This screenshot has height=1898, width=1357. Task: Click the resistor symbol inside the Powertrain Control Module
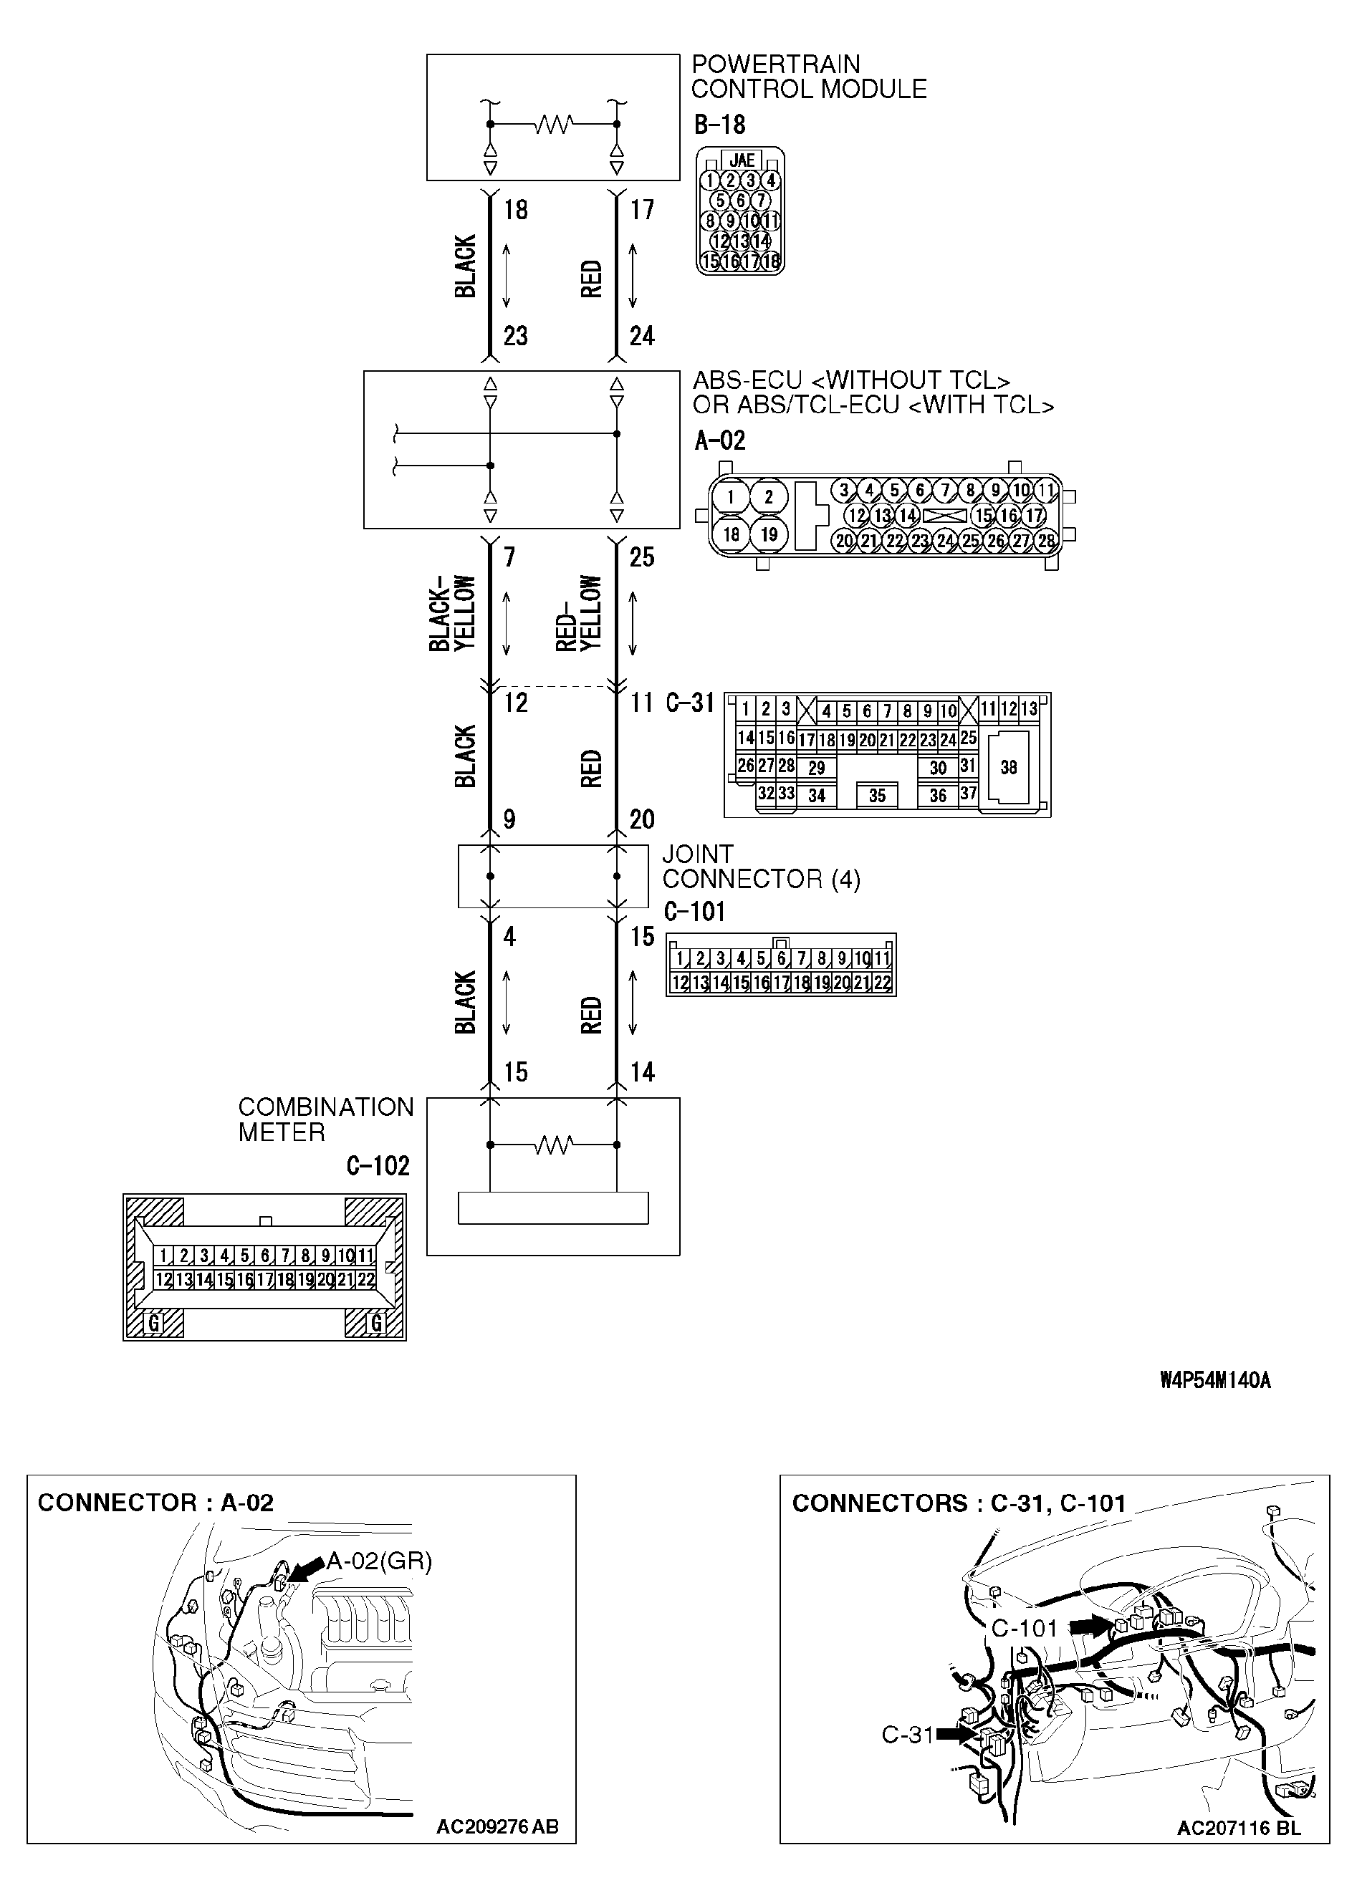click(x=553, y=125)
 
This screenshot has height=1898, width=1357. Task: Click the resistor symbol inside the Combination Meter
click(x=553, y=1145)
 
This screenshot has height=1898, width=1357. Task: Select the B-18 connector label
click(x=719, y=125)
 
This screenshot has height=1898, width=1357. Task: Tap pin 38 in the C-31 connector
click(x=1009, y=767)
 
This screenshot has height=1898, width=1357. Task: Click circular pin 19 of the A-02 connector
click(x=769, y=534)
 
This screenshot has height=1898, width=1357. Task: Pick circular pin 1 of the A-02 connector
click(x=730, y=496)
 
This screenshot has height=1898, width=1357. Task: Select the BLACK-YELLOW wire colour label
click(x=452, y=613)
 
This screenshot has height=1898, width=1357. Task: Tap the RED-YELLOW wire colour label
click(x=578, y=613)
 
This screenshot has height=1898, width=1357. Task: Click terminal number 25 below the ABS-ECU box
click(x=642, y=557)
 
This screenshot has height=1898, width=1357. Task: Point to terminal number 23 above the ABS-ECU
click(x=516, y=336)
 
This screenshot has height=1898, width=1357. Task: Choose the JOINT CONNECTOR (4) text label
click(x=760, y=867)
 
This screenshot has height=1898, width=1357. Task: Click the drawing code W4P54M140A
click(x=1215, y=1380)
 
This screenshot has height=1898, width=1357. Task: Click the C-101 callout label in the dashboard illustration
click(x=1025, y=1628)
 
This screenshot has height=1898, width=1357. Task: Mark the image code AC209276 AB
click(x=497, y=1827)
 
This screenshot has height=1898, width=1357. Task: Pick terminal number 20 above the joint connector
click(x=642, y=819)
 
